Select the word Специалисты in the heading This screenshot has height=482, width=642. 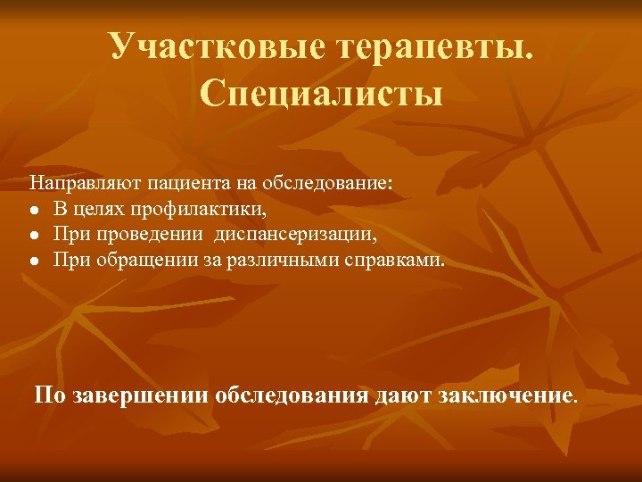click(x=322, y=93)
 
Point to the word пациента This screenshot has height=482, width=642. click(x=158, y=184)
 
